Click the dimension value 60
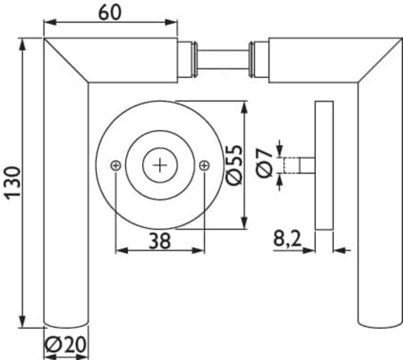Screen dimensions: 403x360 click(109, 13)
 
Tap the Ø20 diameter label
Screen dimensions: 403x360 click(65, 344)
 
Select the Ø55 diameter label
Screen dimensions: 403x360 click(234, 165)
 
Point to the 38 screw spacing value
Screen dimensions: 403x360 click(159, 241)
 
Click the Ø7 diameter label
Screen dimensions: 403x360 click(264, 162)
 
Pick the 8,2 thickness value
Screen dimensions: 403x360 click(287, 238)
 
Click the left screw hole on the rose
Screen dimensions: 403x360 click(116, 166)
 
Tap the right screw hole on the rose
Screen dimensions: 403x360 click(204, 166)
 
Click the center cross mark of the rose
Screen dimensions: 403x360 click(160, 165)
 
